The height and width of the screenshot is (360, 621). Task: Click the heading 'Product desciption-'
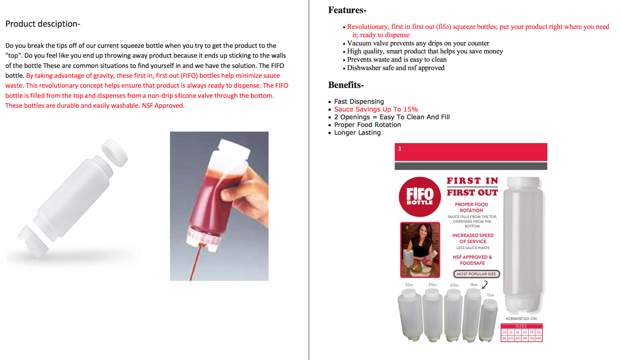click(x=43, y=24)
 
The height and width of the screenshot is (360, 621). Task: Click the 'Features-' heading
click(x=347, y=10)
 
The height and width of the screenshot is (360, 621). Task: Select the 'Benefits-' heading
click(x=345, y=85)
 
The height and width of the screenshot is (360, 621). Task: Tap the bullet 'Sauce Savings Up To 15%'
click(x=376, y=110)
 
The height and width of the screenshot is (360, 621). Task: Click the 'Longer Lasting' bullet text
click(x=357, y=133)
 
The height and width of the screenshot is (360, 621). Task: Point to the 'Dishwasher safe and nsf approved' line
click(x=395, y=68)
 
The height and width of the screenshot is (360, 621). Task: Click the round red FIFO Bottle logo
click(x=420, y=197)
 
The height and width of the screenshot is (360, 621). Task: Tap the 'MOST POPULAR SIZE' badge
click(x=476, y=274)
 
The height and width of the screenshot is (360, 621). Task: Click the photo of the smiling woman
click(x=420, y=250)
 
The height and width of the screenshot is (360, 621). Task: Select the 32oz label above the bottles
click(x=409, y=285)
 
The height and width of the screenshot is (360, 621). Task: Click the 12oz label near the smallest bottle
click(x=490, y=295)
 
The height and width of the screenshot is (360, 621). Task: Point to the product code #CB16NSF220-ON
click(x=521, y=319)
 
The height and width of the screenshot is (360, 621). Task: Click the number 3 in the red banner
click(x=399, y=149)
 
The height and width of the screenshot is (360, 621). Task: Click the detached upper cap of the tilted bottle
click(x=115, y=153)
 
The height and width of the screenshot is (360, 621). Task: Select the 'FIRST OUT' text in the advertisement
click(x=472, y=193)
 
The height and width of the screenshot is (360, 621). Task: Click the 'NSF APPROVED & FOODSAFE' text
click(x=472, y=260)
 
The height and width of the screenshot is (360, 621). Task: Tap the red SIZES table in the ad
click(x=521, y=333)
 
